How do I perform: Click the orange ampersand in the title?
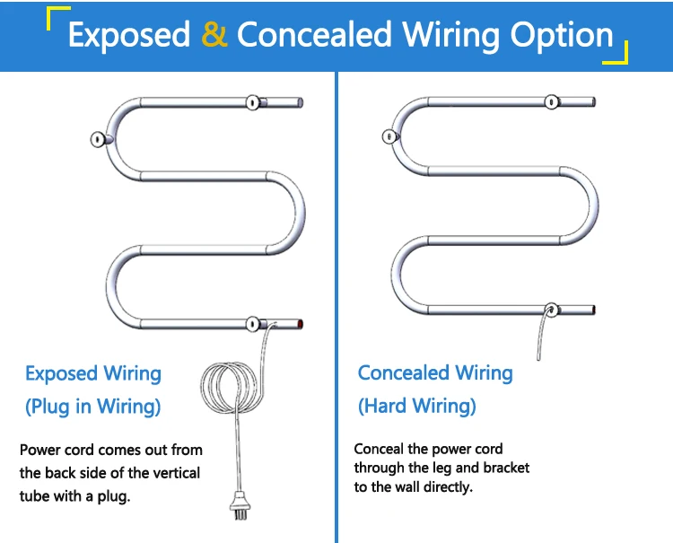[214, 35]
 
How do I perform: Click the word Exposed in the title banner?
[129, 35]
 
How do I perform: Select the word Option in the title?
[562, 35]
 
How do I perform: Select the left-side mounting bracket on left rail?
[99, 139]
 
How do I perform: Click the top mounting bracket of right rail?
[549, 101]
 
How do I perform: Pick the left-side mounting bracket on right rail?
[389, 137]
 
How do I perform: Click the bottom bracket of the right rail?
[551, 311]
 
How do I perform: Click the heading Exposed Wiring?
[93, 373]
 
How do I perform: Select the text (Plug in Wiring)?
[93, 407]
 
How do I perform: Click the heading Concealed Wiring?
[435, 372]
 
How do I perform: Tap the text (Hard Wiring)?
[417, 406]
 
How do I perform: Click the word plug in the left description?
[116, 496]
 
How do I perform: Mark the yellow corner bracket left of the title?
[57, 18]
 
